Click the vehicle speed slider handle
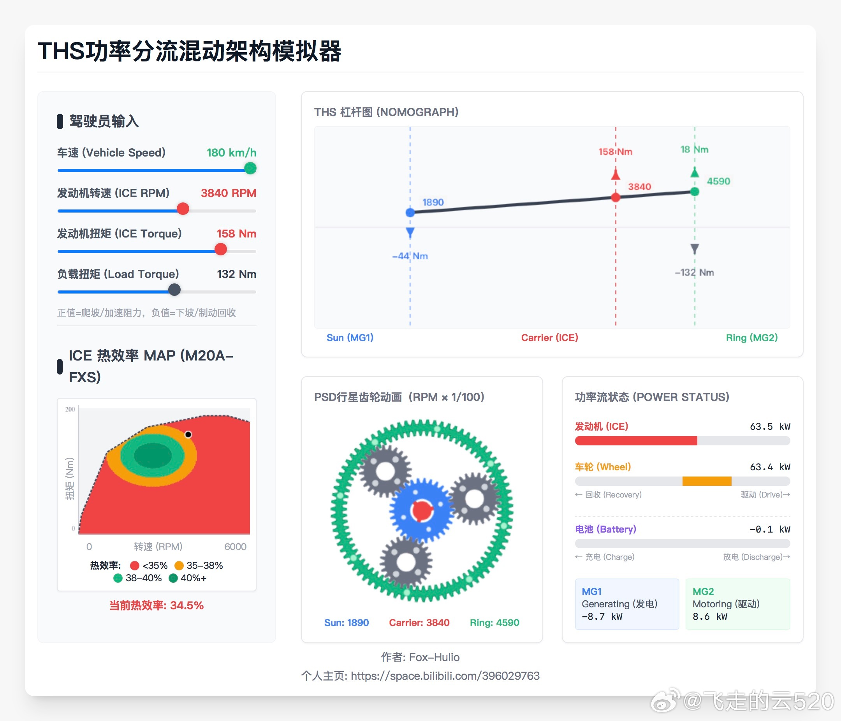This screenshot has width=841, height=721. click(250, 169)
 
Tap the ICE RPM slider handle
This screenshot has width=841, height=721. click(183, 209)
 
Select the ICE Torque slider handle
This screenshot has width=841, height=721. click(220, 250)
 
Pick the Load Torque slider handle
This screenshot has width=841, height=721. click(174, 290)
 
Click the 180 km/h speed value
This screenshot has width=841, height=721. click(231, 153)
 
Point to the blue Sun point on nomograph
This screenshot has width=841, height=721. click(410, 213)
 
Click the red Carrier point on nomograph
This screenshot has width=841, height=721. click(616, 198)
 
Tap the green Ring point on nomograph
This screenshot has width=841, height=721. click(695, 192)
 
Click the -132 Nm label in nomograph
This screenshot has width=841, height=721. click(695, 273)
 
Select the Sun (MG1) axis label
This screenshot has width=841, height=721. click(350, 338)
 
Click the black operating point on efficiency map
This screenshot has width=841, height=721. click(188, 434)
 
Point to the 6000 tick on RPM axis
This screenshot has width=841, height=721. click(236, 547)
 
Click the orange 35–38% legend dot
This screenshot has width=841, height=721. click(179, 566)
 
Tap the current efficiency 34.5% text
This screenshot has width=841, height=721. click(157, 606)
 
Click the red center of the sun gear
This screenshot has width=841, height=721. click(422, 511)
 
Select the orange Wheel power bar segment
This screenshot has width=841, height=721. click(707, 482)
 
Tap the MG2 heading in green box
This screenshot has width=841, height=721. click(703, 592)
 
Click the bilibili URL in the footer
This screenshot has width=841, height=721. click(445, 676)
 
